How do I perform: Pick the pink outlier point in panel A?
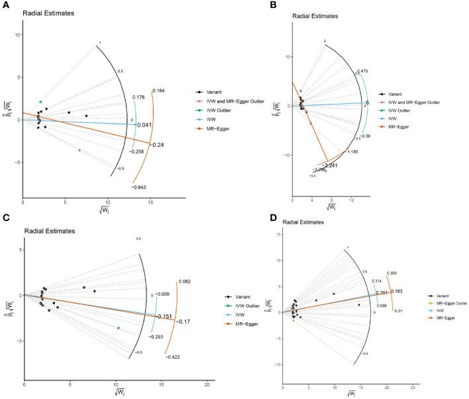79,150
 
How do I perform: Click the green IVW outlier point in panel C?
119,328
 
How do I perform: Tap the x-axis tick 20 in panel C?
207,384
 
